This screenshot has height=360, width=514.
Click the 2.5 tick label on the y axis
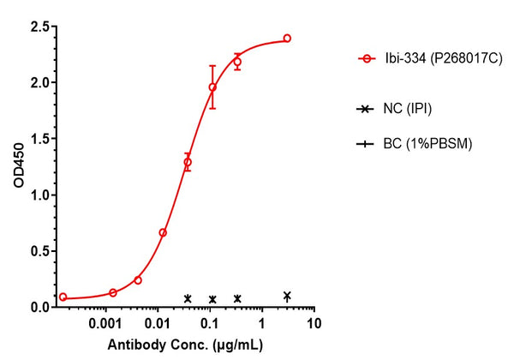(x=38, y=27)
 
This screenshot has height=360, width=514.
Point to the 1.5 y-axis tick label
(x=38, y=139)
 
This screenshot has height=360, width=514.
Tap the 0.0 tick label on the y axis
(x=38, y=307)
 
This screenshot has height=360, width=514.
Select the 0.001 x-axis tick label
(x=105, y=327)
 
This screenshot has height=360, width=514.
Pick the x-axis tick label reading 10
(x=314, y=327)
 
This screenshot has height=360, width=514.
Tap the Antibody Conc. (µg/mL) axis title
(x=185, y=346)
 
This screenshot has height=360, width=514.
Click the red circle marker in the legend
(x=368, y=59)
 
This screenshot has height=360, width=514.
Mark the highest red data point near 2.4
(x=287, y=39)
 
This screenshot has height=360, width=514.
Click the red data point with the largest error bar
(x=212, y=87)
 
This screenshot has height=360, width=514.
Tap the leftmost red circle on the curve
(x=63, y=297)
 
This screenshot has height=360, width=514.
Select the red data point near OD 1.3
(x=188, y=162)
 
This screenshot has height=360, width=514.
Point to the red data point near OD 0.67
(x=163, y=232)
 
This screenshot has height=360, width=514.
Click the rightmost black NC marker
(x=287, y=296)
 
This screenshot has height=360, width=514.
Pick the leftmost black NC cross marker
(x=188, y=298)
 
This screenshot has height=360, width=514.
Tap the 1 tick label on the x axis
(x=261, y=327)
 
